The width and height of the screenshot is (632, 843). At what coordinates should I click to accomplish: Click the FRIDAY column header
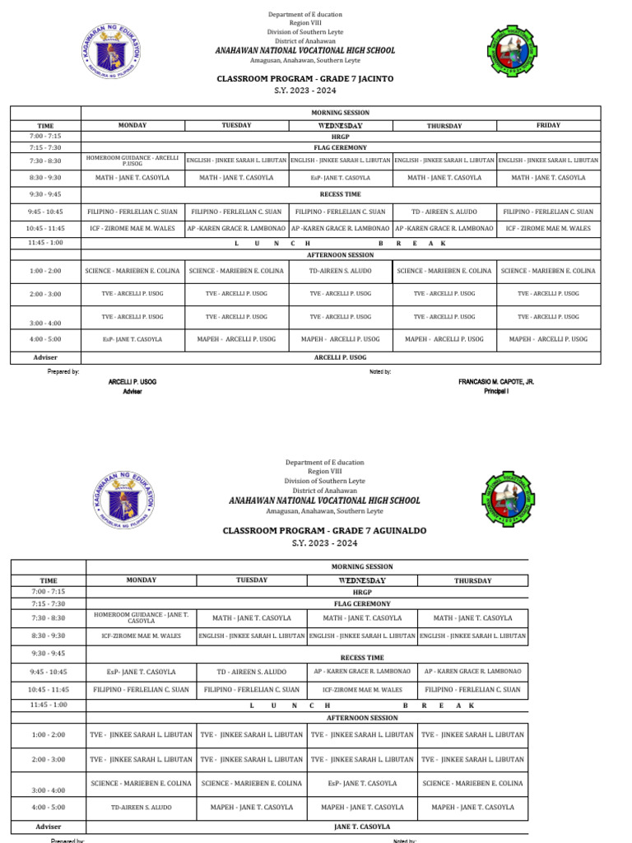pyautogui.click(x=548, y=125)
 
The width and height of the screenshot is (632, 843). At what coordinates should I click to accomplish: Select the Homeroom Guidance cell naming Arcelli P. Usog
pyautogui.click(x=132, y=160)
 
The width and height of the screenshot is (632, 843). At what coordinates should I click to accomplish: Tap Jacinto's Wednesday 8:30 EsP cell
pyautogui.click(x=340, y=178)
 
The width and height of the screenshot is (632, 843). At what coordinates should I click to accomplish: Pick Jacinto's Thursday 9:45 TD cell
pyautogui.click(x=444, y=212)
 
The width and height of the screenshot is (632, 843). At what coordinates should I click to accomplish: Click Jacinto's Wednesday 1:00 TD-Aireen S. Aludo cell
pyautogui.click(x=340, y=271)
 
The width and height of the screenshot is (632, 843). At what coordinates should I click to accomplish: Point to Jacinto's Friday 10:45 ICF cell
pyautogui.click(x=548, y=228)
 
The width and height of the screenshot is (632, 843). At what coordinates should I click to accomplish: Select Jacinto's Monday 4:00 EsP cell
pyautogui.click(x=132, y=339)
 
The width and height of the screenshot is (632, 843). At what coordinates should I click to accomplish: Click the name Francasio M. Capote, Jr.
pyautogui.click(x=496, y=383)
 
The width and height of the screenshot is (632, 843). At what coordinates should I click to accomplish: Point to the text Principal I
pyautogui.click(x=496, y=392)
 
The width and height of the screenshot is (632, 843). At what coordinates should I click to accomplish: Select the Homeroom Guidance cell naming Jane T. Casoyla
pyautogui.click(x=142, y=617)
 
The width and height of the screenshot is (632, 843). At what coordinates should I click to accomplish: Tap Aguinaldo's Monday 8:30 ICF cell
pyautogui.click(x=142, y=636)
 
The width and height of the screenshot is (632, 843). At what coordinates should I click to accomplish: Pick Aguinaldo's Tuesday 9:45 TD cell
pyautogui.click(x=252, y=672)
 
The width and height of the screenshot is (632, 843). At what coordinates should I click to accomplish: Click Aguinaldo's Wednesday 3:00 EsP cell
pyautogui.click(x=362, y=784)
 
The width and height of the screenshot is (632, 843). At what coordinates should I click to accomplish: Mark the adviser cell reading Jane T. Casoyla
pyautogui.click(x=362, y=827)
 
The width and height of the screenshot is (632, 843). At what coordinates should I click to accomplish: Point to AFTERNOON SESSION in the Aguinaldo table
pyautogui.click(x=362, y=718)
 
